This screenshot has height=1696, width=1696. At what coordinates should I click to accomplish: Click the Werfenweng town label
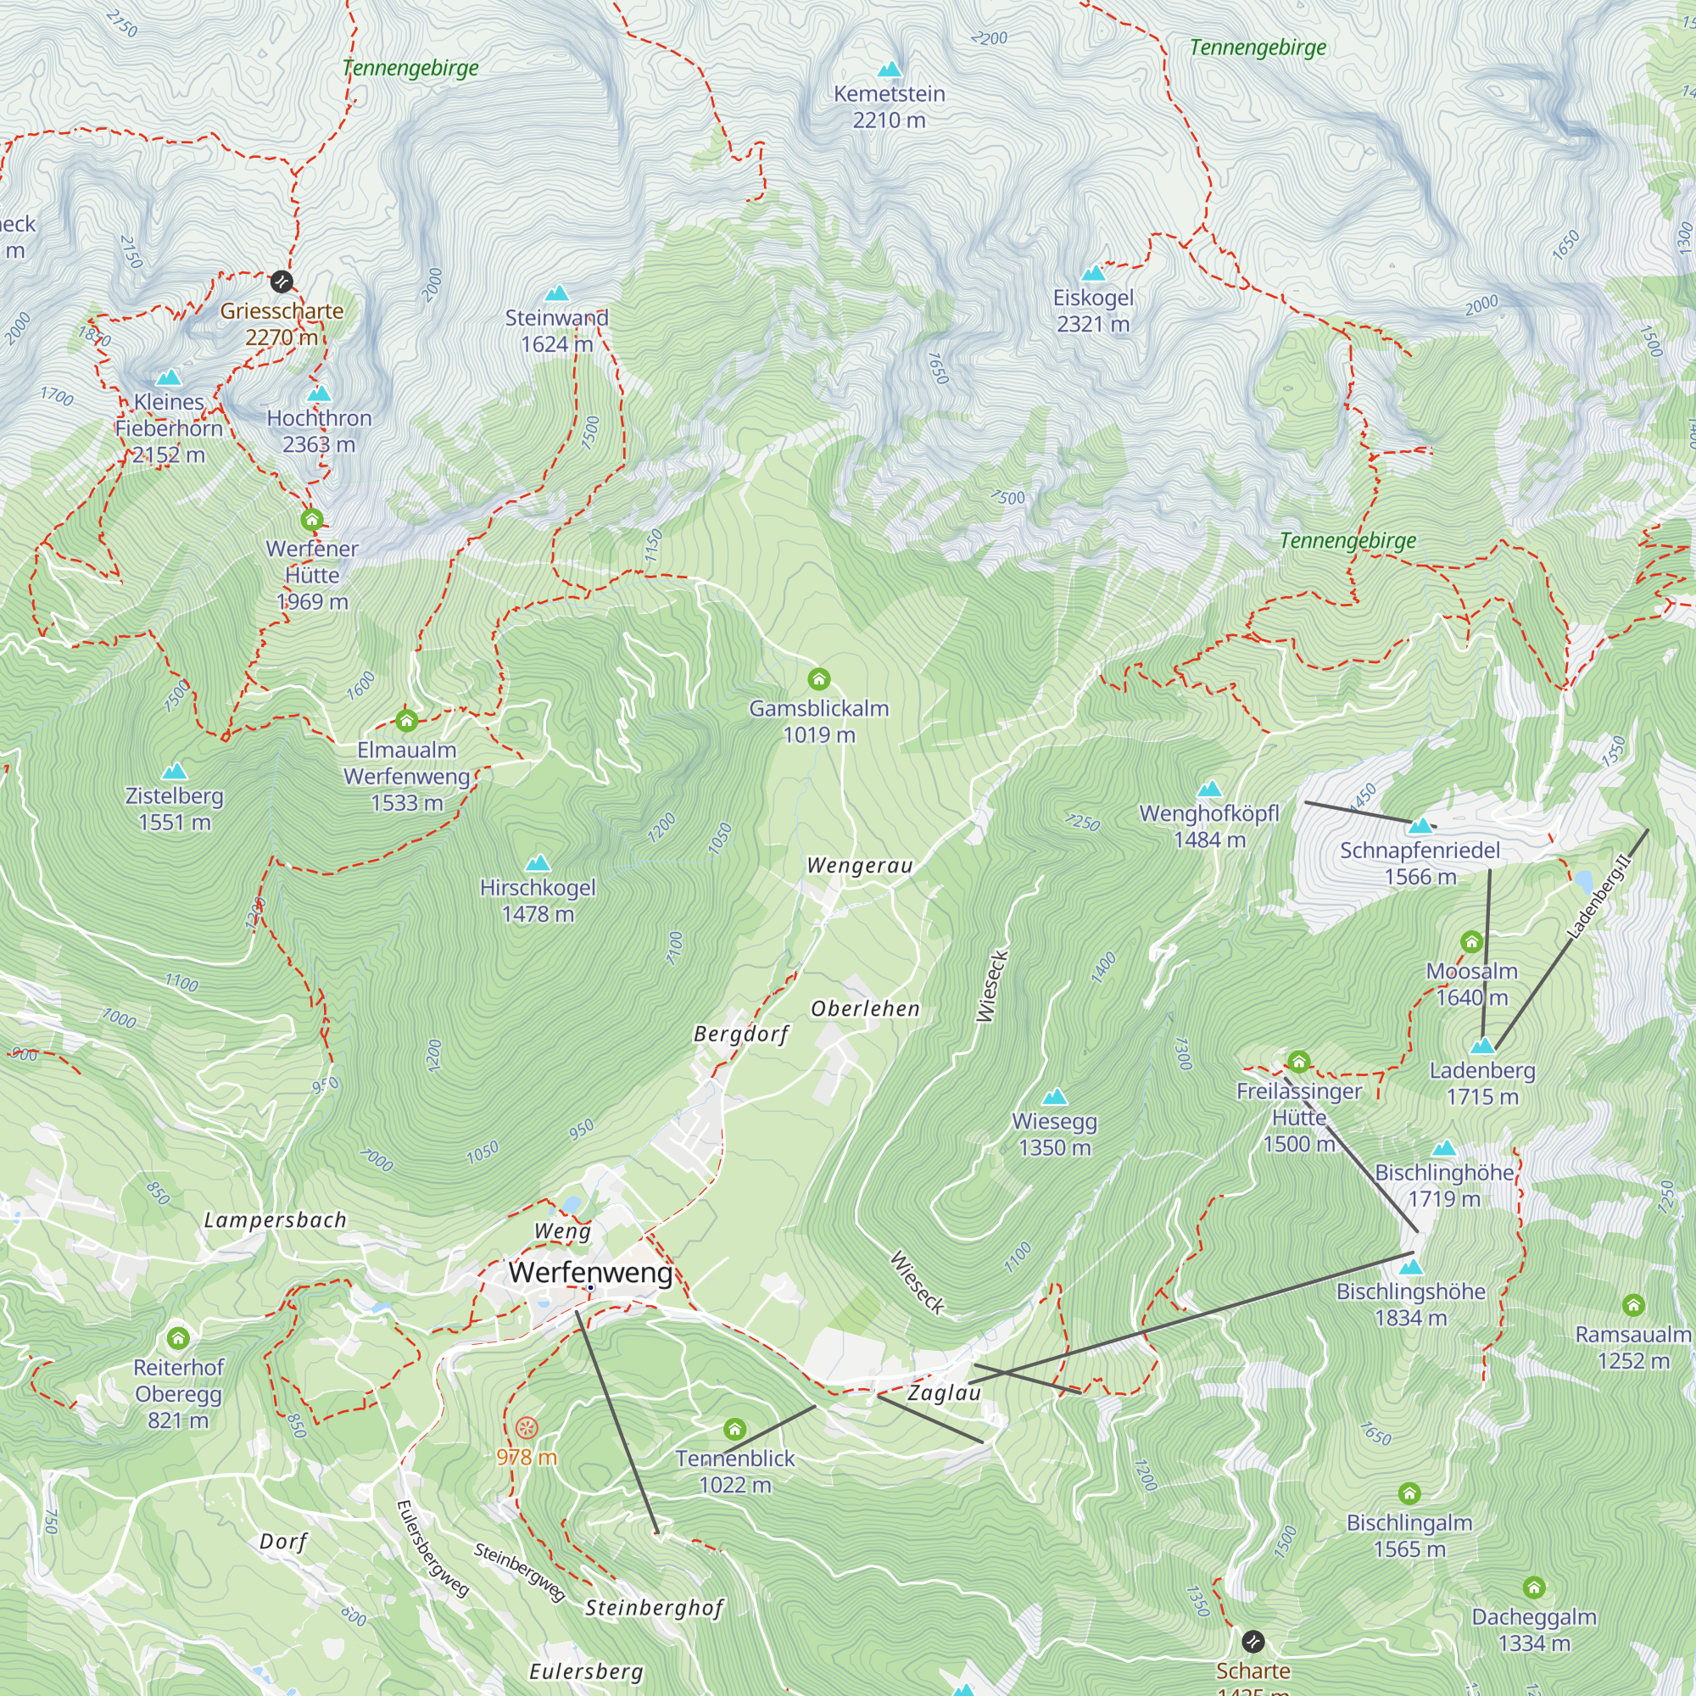click(x=590, y=1272)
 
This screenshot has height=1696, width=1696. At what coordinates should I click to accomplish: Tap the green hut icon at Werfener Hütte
click(x=311, y=520)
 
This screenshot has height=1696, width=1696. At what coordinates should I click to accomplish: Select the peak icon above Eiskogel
click(x=1093, y=273)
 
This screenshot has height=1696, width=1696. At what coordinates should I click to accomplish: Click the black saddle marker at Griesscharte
click(x=281, y=282)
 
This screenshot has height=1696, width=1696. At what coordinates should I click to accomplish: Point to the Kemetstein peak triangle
click(x=890, y=70)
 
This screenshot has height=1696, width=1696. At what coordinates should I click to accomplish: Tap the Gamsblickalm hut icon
click(x=818, y=678)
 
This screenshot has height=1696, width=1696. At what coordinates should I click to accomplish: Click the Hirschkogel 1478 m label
click(x=538, y=901)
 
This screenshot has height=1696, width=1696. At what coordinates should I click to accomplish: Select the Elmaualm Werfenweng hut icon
click(x=405, y=721)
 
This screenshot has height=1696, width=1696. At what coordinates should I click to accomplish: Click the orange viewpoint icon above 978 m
click(x=526, y=1427)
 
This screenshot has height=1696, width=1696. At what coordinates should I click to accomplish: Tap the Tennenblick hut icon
click(x=734, y=1429)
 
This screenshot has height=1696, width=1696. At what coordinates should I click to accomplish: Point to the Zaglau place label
click(x=944, y=1393)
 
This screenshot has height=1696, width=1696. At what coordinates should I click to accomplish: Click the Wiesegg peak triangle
click(x=1054, y=1096)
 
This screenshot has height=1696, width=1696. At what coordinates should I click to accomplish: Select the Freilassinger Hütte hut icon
click(x=1298, y=1063)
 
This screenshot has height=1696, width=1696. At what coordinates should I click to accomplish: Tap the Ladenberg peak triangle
click(x=1481, y=1046)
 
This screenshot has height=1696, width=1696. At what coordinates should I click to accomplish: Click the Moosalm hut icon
click(x=1471, y=942)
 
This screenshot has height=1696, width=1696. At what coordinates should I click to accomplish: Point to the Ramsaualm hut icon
click(x=1632, y=1305)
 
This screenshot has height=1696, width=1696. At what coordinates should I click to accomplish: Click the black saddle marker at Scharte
click(x=1252, y=1641)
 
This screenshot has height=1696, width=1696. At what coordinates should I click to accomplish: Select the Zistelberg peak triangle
click(x=174, y=772)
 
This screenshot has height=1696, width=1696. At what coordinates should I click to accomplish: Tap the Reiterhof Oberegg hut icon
click(x=178, y=1338)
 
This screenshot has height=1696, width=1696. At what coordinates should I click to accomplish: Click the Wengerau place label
click(x=859, y=866)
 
